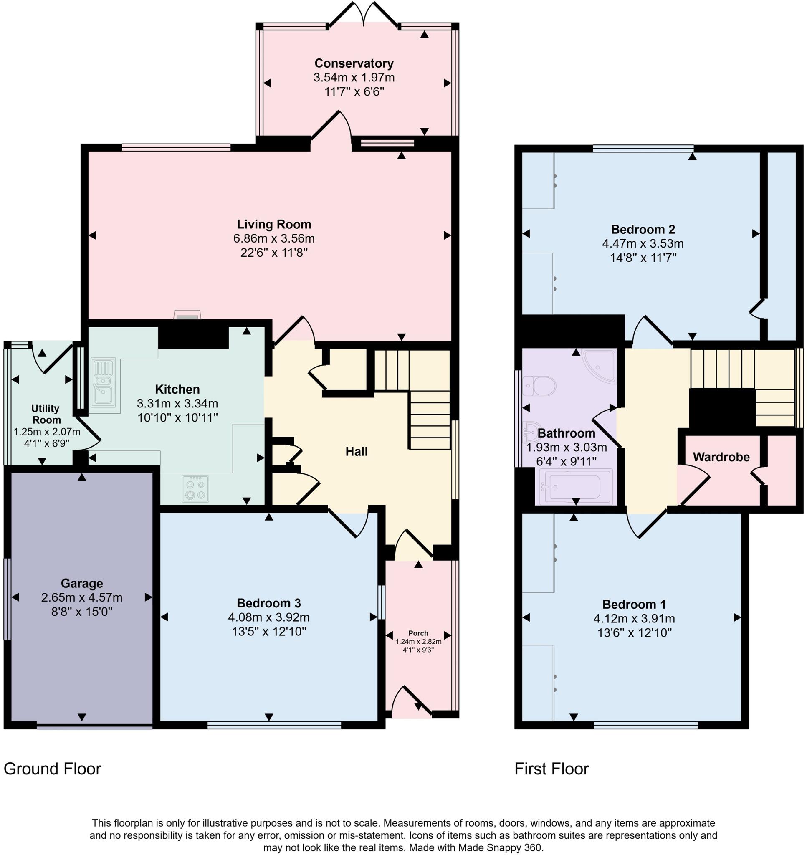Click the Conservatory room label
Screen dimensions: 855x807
click(354, 63)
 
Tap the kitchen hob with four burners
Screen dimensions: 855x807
click(195, 489)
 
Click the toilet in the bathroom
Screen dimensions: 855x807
click(539, 385)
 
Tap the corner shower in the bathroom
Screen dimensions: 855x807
click(600, 365)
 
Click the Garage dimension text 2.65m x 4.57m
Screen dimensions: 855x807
click(82, 598)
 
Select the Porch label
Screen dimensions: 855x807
click(418, 633)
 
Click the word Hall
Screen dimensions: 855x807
click(356, 452)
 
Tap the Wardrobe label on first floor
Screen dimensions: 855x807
click(721, 457)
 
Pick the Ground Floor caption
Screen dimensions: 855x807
click(52, 769)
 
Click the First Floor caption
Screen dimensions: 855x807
click(551, 769)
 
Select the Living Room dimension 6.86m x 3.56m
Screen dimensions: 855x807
click(273, 238)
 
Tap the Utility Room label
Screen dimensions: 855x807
click(46, 414)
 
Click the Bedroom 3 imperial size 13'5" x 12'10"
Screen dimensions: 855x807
click(268, 632)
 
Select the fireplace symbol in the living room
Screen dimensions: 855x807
click(187, 315)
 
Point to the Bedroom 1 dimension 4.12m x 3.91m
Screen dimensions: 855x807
click(634, 619)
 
